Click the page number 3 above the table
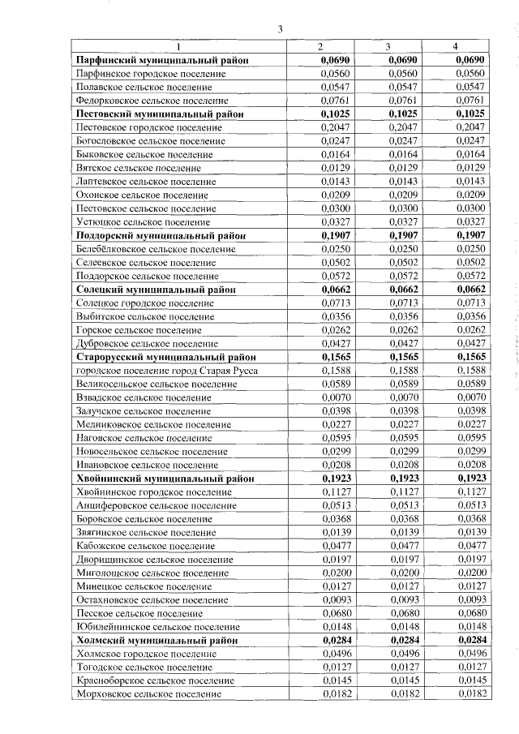[x=280, y=30]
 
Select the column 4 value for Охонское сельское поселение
[x=470, y=195]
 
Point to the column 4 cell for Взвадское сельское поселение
[x=470, y=397]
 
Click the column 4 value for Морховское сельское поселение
[x=470, y=694]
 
